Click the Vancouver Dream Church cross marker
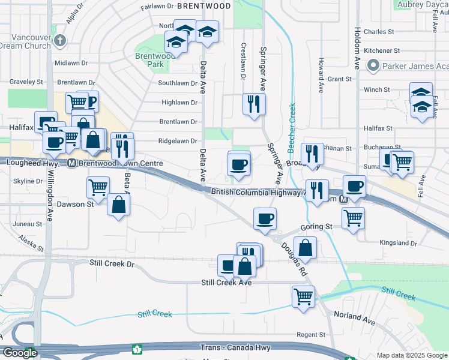pos(59,41)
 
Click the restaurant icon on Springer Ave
pos(254,104)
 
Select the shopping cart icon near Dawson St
pos(97,187)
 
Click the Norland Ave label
pos(355,319)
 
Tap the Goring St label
pos(316,227)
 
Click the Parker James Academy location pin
pos(373,65)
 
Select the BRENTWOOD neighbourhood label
pos(203,6)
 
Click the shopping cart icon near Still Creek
pos(303,296)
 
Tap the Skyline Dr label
pos(28,181)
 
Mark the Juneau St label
pos(26,223)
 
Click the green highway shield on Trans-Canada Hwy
pos(137,349)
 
